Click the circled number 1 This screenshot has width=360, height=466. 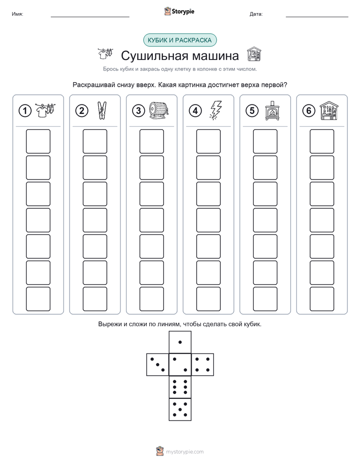point(25,111)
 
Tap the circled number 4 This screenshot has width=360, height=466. point(195,111)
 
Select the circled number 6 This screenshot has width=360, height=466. point(309,111)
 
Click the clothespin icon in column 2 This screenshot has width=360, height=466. point(102,110)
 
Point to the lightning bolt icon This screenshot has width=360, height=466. point(216,110)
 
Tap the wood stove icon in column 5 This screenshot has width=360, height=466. point(272,111)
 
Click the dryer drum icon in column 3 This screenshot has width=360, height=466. point(159,111)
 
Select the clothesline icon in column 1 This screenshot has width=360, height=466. point(45,110)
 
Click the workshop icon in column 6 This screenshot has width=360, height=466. point(329,110)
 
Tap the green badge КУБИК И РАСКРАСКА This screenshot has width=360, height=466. point(179,40)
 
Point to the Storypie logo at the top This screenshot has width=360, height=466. point(179,12)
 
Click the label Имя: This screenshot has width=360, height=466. point(17,14)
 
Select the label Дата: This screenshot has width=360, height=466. point(256,14)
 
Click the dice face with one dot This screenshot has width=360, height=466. point(180,342)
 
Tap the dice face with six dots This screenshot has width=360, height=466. point(180,387)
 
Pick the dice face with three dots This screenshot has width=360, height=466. point(158,365)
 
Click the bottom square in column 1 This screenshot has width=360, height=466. point(38,299)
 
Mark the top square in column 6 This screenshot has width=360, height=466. point(322,141)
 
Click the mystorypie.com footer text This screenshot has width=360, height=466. point(185,452)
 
